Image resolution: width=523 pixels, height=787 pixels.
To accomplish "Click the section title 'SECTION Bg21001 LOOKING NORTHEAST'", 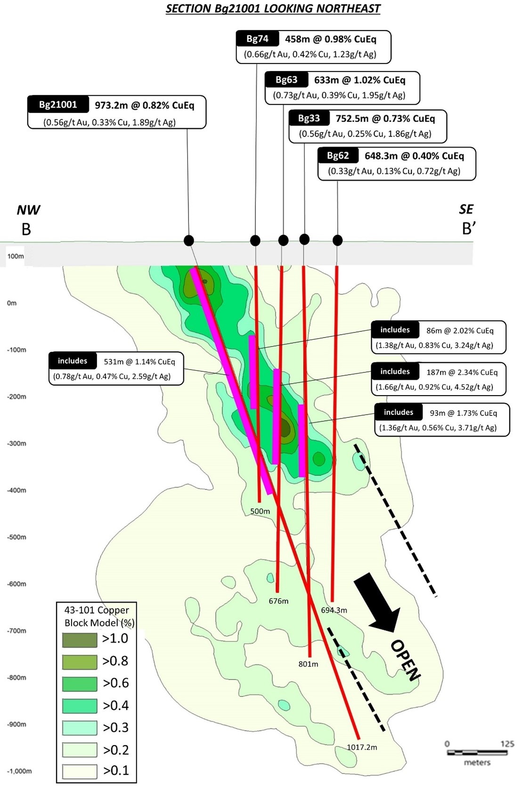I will click(273, 8).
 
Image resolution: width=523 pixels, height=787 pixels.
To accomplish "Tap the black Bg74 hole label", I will click(257, 39).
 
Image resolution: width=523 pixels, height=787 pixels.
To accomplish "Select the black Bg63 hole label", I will click(286, 80).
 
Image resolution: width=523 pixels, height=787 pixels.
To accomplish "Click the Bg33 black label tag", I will click(309, 118).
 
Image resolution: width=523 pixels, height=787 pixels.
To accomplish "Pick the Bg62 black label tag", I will click(338, 156).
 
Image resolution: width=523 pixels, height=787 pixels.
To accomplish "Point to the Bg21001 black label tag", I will click(58, 105).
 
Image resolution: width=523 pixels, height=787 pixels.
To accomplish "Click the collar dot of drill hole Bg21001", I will click(188, 241).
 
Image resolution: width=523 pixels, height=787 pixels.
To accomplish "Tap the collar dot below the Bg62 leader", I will click(337, 241).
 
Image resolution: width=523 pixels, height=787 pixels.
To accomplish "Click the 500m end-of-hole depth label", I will click(260, 511).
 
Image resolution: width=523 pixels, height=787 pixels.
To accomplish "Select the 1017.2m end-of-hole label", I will click(362, 747).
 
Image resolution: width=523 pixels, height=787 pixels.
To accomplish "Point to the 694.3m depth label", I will click(334, 610).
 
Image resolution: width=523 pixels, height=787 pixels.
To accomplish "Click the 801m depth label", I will click(308, 664).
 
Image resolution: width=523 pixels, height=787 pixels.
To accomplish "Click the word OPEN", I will click(406, 660).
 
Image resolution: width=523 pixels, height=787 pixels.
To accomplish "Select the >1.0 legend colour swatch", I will click(80, 640).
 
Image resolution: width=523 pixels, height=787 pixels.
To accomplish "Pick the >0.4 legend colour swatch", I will click(80, 706).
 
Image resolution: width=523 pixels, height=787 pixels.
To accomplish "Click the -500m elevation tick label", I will click(16, 537).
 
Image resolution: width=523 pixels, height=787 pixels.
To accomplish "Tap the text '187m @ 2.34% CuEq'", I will click(462, 372).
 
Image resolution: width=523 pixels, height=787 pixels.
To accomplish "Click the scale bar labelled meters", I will click(477, 753).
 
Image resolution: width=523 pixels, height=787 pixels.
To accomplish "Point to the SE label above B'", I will click(466, 209).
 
